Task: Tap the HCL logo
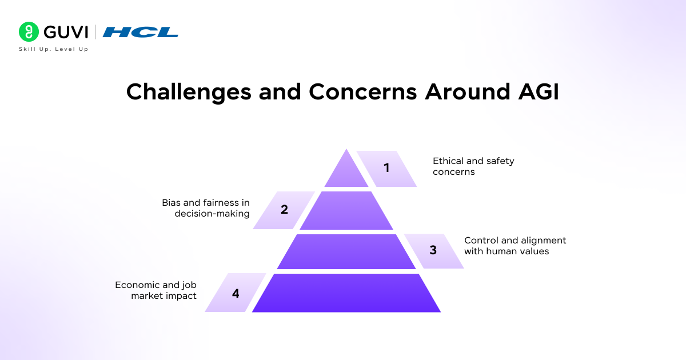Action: tap(141, 32)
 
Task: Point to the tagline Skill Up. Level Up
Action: tap(54, 49)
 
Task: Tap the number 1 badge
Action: tap(387, 168)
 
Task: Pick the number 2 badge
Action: tap(284, 210)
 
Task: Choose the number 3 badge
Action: tap(433, 250)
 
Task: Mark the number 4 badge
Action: tap(236, 293)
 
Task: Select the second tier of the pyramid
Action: tap(346, 211)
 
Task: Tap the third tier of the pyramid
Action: tap(346, 251)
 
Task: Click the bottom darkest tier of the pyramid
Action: tap(346, 293)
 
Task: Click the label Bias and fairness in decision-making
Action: tap(206, 208)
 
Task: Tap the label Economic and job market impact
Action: tap(155, 290)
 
